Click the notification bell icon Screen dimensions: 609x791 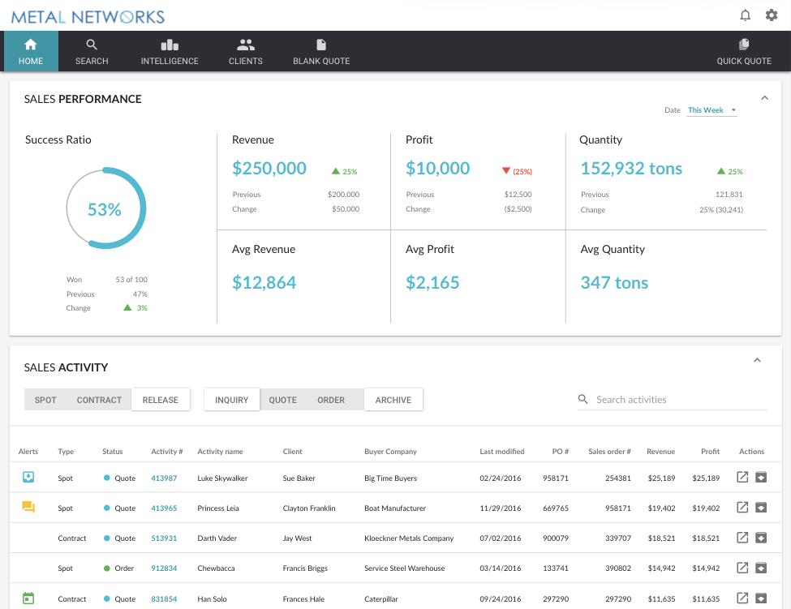click(x=745, y=15)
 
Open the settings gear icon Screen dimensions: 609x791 click(x=772, y=15)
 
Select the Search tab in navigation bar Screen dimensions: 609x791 click(x=92, y=52)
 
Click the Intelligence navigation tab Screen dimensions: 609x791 click(x=170, y=52)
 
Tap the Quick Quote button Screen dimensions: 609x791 click(x=744, y=52)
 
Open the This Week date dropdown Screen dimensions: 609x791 click(x=711, y=110)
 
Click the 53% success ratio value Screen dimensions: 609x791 click(x=105, y=209)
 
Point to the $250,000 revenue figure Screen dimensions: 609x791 click(x=269, y=169)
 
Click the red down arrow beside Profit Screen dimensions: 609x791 click(x=506, y=171)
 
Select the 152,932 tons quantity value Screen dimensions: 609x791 click(x=631, y=169)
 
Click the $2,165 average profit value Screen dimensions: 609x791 click(x=432, y=283)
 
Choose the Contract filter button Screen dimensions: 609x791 click(x=99, y=400)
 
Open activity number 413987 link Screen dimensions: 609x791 click(x=164, y=478)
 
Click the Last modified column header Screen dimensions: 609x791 click(x=501, y=452)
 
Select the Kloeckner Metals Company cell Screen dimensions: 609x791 click(x=409, y=538)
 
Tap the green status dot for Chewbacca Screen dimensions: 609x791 click(x=107, y=568)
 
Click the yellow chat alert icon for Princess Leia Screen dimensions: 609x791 click(x=28, y=508)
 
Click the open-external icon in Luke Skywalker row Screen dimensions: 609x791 click(x=742, y=478)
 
